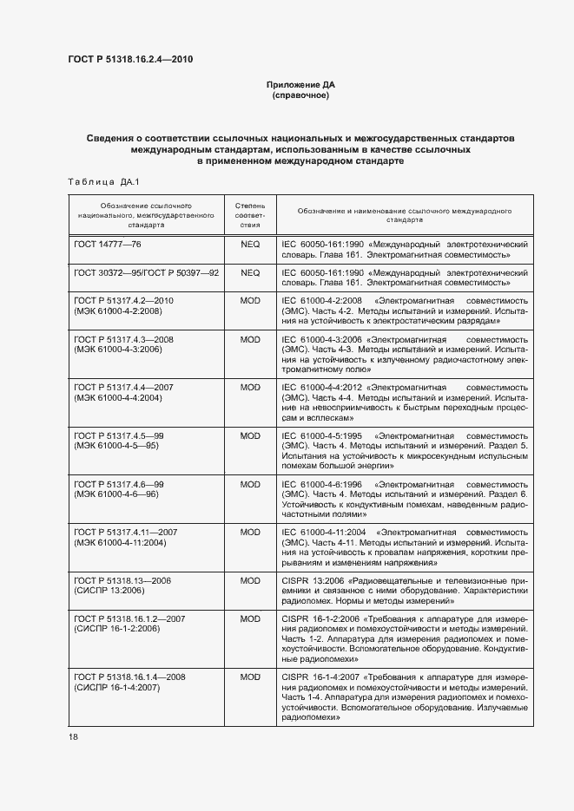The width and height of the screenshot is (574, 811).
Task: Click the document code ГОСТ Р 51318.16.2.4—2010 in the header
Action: [129, 60]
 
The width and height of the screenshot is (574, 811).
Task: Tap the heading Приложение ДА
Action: [300, 84]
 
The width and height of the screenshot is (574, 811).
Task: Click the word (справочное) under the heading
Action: [300, 95]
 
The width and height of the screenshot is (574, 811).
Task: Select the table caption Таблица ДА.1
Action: [96, 181]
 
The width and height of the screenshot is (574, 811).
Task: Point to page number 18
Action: [72, 736]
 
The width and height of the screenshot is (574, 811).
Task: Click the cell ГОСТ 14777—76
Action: [108, 245]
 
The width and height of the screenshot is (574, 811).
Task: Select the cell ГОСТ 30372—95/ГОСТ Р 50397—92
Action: [146, 272]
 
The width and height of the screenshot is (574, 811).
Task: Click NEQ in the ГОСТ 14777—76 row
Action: [250, 245]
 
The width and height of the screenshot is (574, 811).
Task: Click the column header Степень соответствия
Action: [250, 212]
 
